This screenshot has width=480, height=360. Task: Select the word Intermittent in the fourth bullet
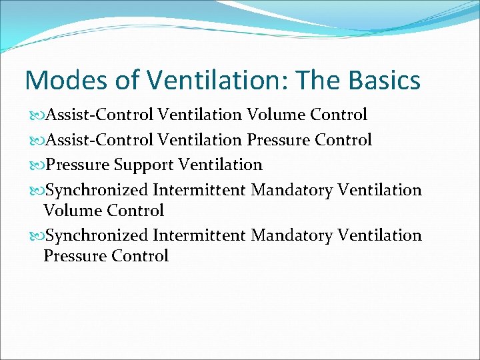point(200,190)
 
